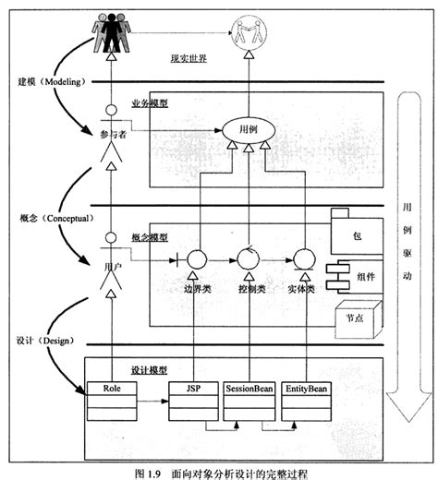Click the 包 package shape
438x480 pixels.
click(x=357, y=234)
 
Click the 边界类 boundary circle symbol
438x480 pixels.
click(x=193, y=258)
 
